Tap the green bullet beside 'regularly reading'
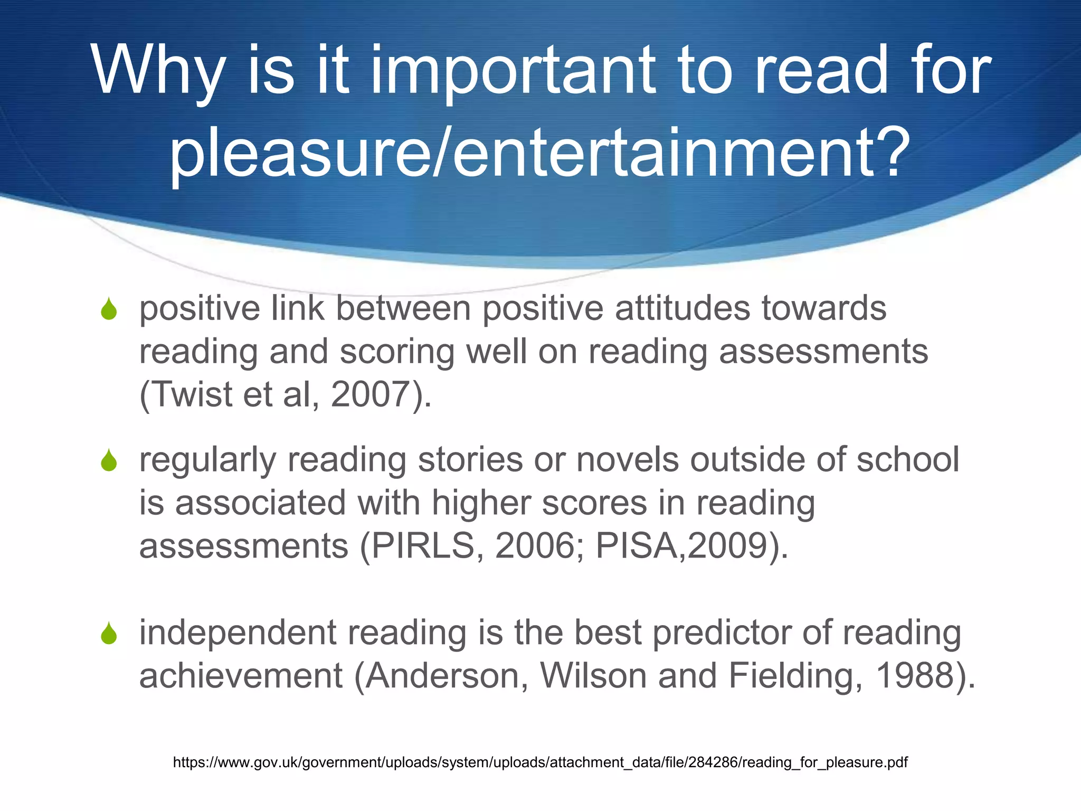tap(109, 460)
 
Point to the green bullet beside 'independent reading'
tap(109, 633)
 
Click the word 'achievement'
tap(241, 675)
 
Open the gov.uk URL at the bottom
tap(540, 762)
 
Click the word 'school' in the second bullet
tap(907, 460)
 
